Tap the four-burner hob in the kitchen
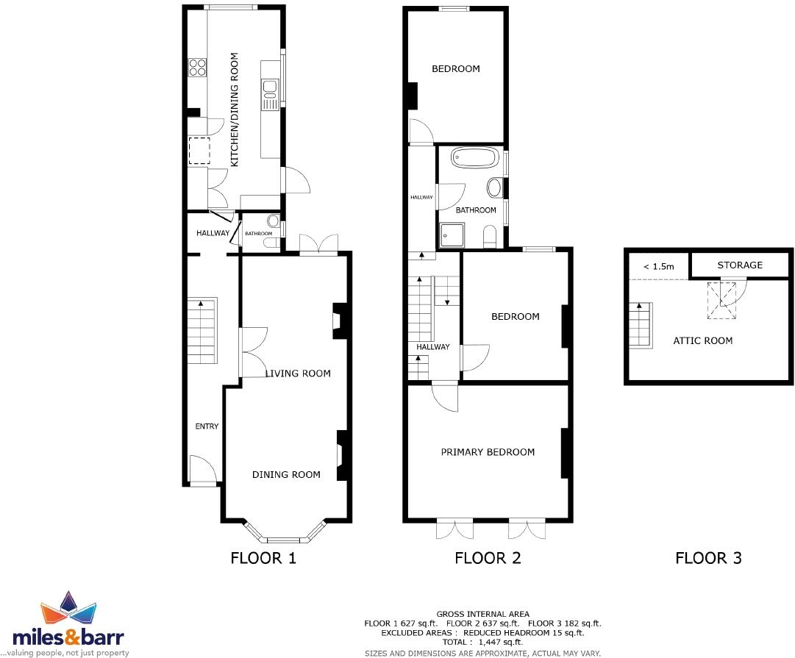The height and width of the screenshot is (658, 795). coord(198,68)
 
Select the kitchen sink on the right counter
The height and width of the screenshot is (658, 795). coord(269,90)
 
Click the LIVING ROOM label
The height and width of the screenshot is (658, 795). coord(298,373)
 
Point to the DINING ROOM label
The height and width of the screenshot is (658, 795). coord(286,475)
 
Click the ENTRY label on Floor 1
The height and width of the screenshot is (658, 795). coord(207,426)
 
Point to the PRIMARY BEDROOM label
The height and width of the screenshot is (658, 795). coord(488,452)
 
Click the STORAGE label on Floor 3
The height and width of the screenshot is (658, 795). coord(740,265)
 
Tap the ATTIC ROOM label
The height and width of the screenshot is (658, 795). coord(703,340)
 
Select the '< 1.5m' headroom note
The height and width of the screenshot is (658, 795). coord(658,267)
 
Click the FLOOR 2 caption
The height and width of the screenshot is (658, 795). coord(488,558)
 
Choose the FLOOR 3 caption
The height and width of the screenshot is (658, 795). coord(708,558)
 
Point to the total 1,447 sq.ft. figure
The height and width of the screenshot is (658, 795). coord(483,642)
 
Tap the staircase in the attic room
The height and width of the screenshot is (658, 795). coord(640,325)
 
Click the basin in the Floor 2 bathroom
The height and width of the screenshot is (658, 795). coord(494,187)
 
